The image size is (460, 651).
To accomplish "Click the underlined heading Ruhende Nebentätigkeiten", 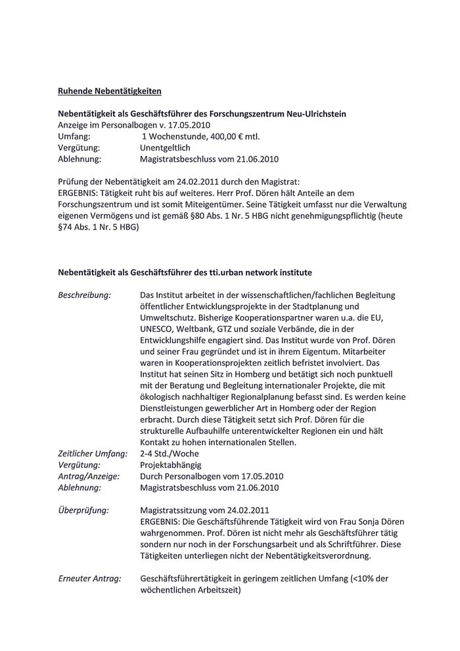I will click(x=110, y=90).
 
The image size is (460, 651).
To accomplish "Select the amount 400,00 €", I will click(x=227, y=136).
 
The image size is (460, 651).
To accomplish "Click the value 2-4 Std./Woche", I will click(x=170, y=454).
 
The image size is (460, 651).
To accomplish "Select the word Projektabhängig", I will click(x=173, y=465).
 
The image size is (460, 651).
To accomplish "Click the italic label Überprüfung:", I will click(x=83, y=510).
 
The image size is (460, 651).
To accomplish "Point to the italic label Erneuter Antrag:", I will click(x=90, y=579).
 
